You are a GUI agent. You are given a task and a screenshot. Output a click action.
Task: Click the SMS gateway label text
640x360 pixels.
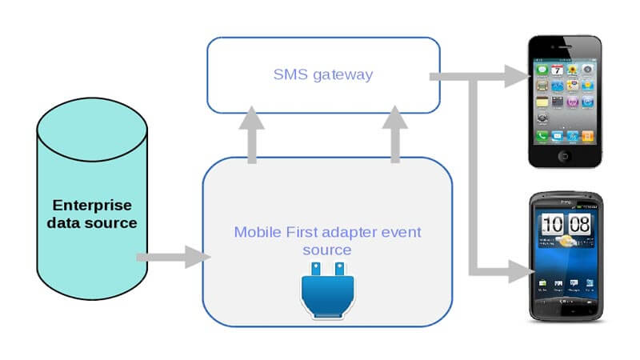pyautogui.click(x=324, y=74)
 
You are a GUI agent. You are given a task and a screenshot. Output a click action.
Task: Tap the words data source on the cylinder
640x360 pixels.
pyautogui.click(x=91, y=222)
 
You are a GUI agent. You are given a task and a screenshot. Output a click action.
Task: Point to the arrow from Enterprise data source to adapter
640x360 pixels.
pyautogui.click(x=171, y=258)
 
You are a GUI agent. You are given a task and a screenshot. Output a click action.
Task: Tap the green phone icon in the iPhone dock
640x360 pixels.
pyautogui.click(x=543, y=137)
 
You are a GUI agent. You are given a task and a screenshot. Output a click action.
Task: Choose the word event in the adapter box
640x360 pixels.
pyautogui.click(x=402, y=233)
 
